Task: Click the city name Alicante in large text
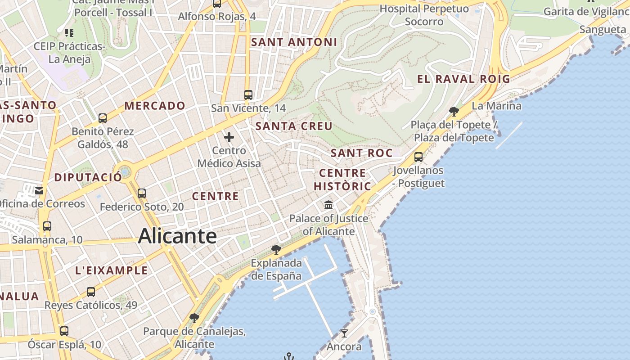tap(177, 236)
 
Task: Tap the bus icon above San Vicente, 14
tap(248, 95)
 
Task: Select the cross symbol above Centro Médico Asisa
tap(229, 137)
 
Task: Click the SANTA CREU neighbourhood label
tap(294, 126)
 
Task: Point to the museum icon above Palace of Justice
tap(328, 205)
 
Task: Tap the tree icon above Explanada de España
tap(276, 249)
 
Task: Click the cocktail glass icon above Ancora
tap(344, 333)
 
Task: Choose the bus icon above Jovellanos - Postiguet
tap(418, 157)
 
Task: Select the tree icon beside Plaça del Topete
tap(454, 111)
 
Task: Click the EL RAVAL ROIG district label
tap(463, 79)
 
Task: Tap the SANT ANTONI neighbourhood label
tap(294, 42)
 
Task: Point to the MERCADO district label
tap(155, 106)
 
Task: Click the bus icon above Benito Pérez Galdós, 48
tap(103, 118)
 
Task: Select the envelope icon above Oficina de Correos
tap(39, 190)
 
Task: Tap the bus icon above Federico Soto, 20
tap(142, 193)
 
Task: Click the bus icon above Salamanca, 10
tap(47, 226)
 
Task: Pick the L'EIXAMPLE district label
tap(111, 270)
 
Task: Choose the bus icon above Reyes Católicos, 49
tap(91, 292)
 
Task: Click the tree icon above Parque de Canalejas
tap(194, 318)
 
